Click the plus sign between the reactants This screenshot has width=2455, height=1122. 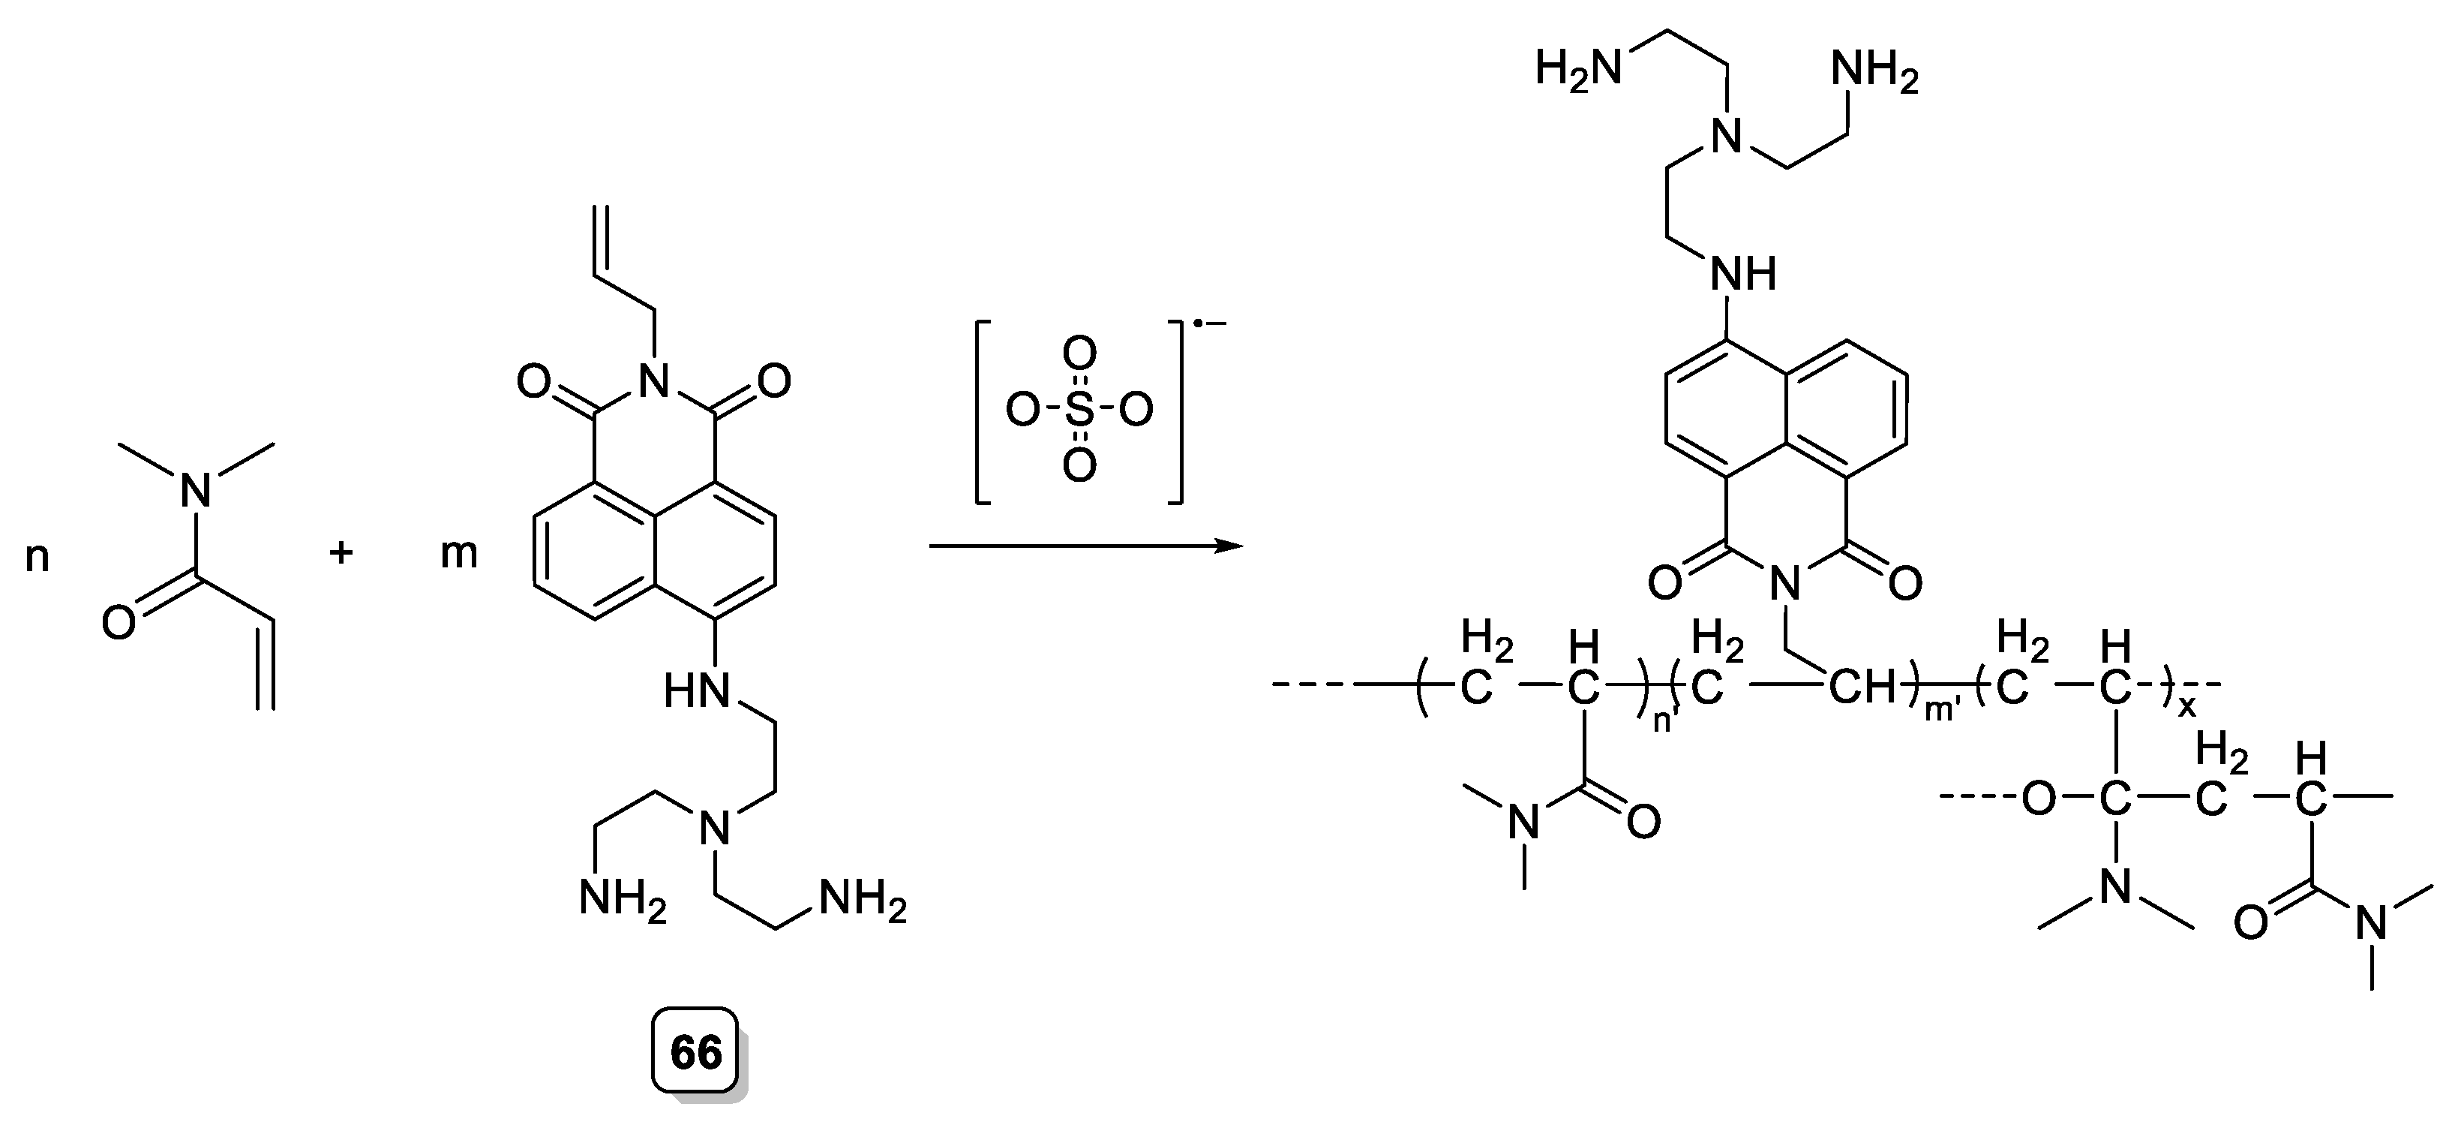pos(341,553)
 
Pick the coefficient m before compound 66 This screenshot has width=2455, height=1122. pos(458,554)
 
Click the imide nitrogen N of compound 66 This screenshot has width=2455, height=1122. pos(654,382)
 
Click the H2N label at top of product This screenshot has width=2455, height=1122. pos(1578,70)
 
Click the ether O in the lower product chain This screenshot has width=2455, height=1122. pos(2037,799)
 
